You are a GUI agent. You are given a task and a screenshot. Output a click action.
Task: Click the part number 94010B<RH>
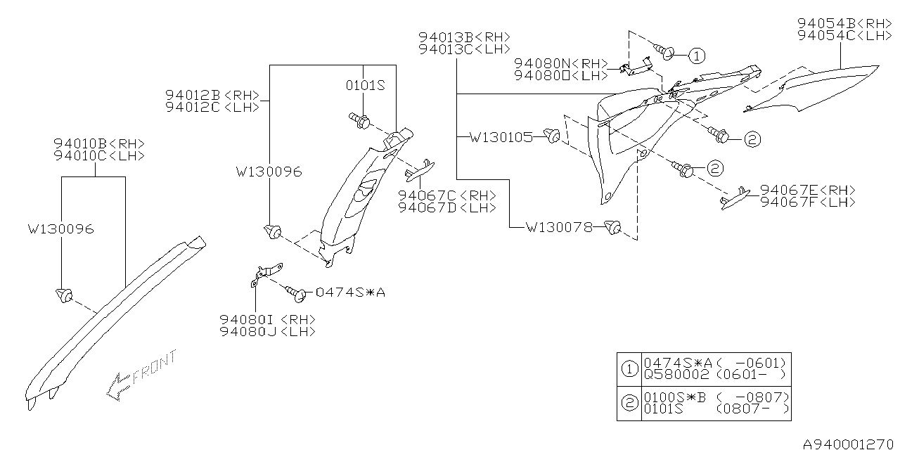98,143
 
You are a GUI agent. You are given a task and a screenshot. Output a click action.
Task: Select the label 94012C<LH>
212,107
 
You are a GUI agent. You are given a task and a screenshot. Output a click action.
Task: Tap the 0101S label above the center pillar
365,86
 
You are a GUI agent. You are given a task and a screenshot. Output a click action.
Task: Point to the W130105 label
501,137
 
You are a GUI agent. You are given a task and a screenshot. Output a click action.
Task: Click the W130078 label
558,227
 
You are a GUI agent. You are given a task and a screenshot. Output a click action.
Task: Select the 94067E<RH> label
808,190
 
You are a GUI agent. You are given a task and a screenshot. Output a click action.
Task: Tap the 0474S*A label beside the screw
350,292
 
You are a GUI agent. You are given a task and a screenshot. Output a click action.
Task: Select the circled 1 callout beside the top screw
695,56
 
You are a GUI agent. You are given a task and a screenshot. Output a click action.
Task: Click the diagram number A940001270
849,444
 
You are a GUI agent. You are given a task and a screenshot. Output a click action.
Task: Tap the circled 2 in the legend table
629,403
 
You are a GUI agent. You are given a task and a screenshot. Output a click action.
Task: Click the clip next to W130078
614,226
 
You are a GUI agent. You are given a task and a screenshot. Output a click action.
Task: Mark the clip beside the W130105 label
553,136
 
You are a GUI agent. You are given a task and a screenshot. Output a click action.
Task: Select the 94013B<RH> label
464,37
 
